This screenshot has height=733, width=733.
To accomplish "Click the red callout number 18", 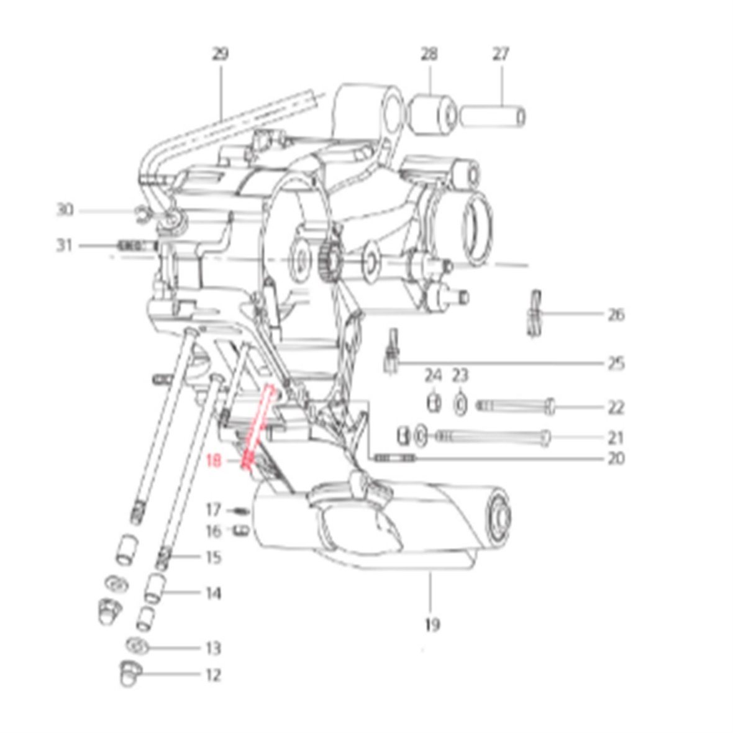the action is coord(213,461).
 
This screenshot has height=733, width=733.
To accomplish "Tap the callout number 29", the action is coord(220,54).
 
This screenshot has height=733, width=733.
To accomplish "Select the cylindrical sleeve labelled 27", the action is coord(493,116).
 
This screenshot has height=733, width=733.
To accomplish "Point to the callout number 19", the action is coord(432,624).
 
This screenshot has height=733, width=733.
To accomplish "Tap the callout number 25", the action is coord(616,363).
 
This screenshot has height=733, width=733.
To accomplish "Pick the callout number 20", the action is coord(616,458).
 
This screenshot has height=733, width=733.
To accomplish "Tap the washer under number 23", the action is coord(460,404).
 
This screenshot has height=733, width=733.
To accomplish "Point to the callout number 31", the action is coord(65,245).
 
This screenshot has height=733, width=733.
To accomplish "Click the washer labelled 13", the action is coord(137,647).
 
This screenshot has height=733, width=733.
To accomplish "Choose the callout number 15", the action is coord(213,557).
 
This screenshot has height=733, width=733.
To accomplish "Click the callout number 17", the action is coord(213,509).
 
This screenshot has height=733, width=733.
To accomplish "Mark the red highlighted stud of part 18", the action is coord(258,426).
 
